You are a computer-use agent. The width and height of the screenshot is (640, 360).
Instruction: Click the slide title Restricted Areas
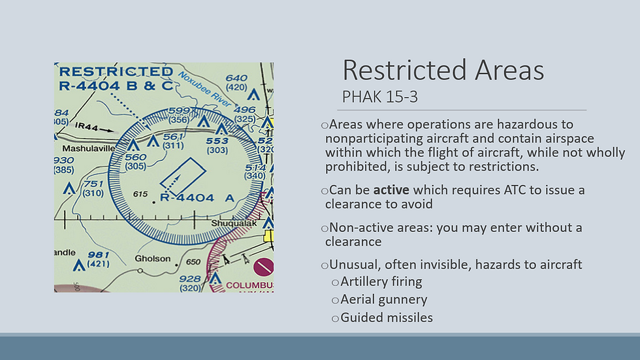click(x=443, y=70)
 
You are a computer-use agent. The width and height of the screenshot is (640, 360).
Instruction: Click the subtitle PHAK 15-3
click(x=379, y=97)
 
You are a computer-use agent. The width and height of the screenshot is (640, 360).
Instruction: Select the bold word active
click(x=391, y=189)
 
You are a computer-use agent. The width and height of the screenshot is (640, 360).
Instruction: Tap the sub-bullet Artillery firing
click(x=381, y=282)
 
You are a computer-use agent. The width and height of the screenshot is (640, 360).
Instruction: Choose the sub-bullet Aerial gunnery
click(x=384, y=300)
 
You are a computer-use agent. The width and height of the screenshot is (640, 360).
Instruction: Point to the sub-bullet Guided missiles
click(x=387, y=318)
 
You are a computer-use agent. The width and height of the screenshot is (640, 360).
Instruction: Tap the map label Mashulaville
click(x=89, y=148)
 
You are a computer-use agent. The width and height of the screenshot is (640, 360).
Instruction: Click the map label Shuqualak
click(x=234, y=223)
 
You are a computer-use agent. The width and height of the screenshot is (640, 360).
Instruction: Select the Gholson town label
click(x=153, y=258)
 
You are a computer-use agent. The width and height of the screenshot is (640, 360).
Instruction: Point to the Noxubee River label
click(x=204, y=90)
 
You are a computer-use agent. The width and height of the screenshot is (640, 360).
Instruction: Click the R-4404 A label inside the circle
click(x=197, y=198)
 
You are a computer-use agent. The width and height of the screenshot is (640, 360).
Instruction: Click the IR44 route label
click(x=86, y=127)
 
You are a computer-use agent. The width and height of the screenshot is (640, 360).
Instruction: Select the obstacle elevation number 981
click(x=99, y=255)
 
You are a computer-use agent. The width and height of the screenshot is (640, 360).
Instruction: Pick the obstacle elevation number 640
click(x=236, y=78)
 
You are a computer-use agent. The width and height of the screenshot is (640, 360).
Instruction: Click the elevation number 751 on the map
click(x=93, y=184)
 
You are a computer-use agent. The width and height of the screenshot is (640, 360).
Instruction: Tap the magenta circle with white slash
click(x=263, y=267)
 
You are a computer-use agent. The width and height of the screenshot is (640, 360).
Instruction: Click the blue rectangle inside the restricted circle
click(x=183, y=176)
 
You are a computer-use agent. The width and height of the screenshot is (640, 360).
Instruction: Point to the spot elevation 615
click(x=140, y=194)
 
